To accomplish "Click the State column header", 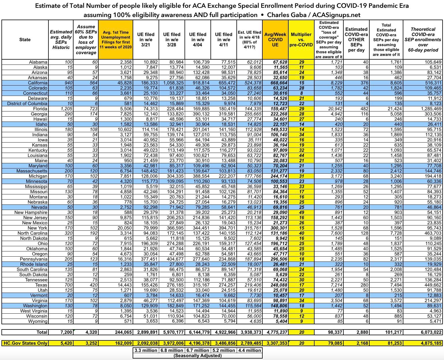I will pos(25,40).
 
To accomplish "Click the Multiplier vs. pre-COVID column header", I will pos(301,40).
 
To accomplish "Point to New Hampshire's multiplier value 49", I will pos(302,213).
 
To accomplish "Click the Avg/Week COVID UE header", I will pos(275,40).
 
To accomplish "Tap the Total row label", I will pos(42,332).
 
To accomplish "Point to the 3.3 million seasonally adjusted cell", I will pos(146,350).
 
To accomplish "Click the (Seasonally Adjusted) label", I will pos(197,356).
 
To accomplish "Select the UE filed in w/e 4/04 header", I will pos(197,40).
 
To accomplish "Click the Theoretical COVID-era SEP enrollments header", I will pos(423,40).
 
